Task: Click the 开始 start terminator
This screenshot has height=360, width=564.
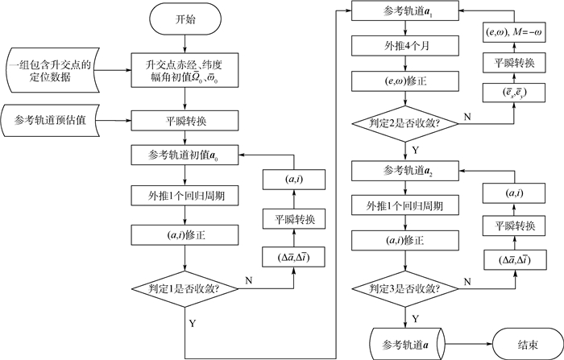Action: tap(185, 19)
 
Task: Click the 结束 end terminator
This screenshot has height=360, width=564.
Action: tap(527, 344)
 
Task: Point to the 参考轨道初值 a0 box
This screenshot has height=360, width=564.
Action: tap(185, 154)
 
